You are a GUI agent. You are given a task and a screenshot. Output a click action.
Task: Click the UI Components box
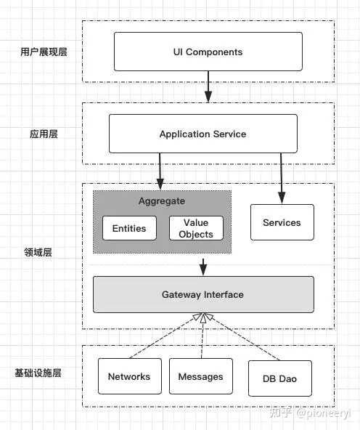208,52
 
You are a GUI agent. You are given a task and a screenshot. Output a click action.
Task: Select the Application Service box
202,134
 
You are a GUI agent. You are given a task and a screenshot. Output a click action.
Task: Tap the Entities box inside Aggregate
129,228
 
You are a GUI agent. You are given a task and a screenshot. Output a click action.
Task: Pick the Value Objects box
196,228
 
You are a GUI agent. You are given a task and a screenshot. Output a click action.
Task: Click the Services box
282,222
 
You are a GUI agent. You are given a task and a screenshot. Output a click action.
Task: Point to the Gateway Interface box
202,294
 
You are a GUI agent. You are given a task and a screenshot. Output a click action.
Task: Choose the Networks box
129,376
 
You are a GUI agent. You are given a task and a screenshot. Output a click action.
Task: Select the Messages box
200,376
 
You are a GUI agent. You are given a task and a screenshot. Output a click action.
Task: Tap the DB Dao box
279,378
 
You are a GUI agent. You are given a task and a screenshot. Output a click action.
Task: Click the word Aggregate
162,201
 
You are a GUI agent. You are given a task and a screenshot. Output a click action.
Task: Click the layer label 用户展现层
44,52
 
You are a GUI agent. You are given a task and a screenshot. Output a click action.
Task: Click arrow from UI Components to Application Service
208,86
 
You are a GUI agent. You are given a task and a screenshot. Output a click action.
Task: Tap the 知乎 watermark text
285,413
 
